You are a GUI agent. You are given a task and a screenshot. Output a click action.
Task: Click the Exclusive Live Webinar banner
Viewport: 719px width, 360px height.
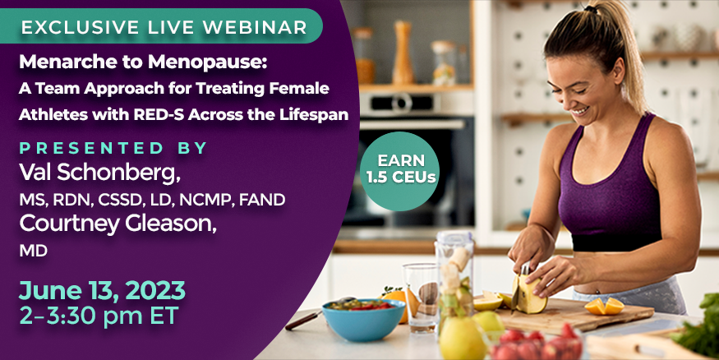pos(160,26)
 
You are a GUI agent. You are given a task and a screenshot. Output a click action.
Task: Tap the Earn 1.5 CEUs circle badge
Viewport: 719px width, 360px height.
pos(399,171)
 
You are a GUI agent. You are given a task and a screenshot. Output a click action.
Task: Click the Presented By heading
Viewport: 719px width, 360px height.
pos(113,148)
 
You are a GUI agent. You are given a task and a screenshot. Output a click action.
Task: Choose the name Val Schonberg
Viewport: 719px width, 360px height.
pos(99,173)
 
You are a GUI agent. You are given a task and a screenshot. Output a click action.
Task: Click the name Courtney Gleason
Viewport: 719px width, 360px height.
pos(118,224)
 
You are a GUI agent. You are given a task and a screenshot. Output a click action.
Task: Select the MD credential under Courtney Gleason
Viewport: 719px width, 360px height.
pos(33,251)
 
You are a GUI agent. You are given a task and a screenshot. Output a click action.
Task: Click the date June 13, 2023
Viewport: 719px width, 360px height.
pos(102,291)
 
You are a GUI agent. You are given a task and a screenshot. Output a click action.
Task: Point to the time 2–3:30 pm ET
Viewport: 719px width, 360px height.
pos(99,316)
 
